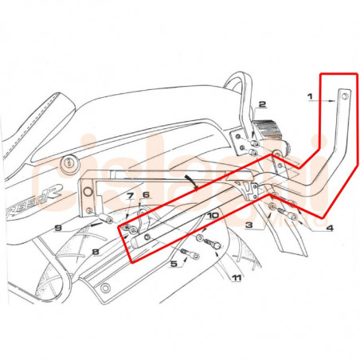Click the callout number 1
pos(310,97)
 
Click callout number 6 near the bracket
pos(146,195)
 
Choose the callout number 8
pos(95,252)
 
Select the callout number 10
pos(213,215)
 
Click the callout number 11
pos(236,278)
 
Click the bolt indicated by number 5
pos(188,255)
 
